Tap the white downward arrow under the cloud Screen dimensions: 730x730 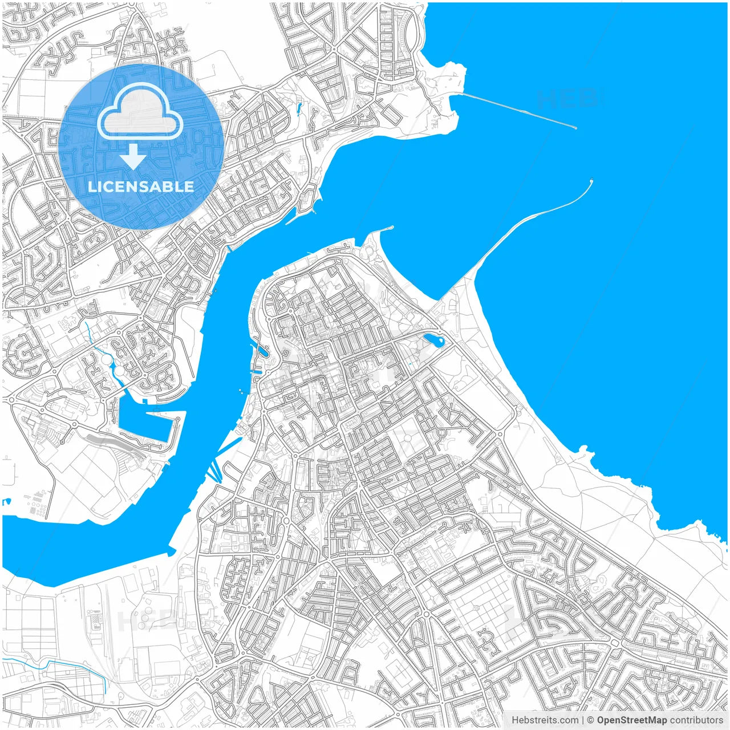(x=133, y=157)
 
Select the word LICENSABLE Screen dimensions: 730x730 (x=141, y=187)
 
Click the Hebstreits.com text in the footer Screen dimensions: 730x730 (x=545, y=720)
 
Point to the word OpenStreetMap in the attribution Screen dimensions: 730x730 (x=632, y=720)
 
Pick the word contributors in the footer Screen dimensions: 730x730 (x=696, y=720)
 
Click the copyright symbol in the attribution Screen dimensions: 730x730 (x=591, y=720)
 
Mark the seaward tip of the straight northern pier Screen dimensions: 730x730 (x=575, y=128)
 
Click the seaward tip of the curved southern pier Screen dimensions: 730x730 (x=591, y=181)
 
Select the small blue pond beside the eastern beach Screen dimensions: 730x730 (x=433, y=340)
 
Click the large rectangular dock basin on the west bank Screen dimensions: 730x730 (x=145, y=422)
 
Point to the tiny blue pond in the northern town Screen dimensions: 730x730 (x=298, y=107)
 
